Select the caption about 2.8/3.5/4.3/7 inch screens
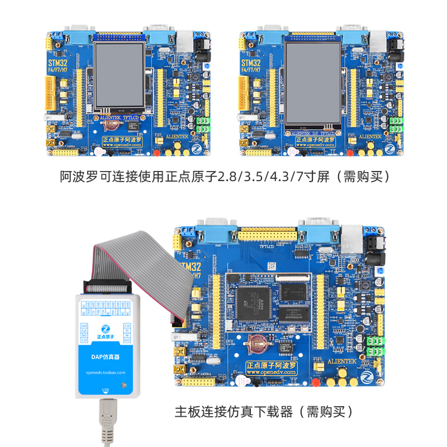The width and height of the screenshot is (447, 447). pyautogui.click(x=223, y=177)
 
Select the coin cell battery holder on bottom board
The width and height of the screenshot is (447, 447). pyautogui.click(x=259, y=345)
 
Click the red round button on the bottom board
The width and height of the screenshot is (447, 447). pyautogui.click(x=316, y=383)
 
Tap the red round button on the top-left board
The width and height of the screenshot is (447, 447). pyautogui.click(x=157, y=152)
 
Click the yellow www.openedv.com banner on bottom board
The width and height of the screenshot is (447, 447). pyautogui.click(x=272, y=368)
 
